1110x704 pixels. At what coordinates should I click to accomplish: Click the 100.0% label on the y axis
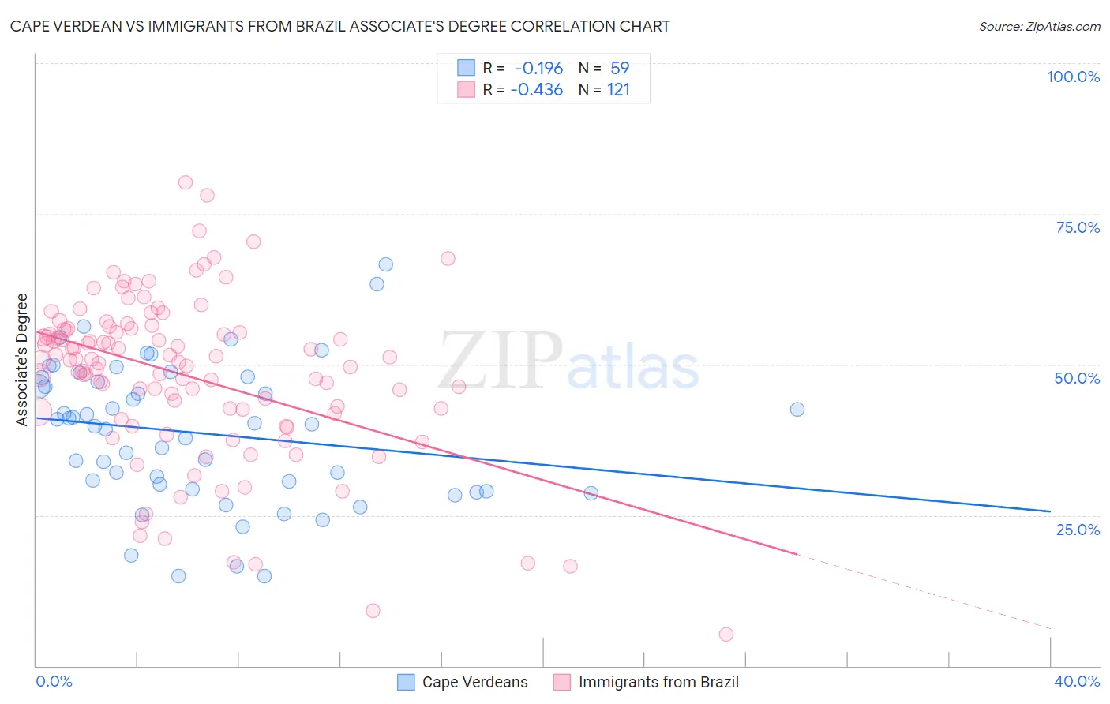coord(1073,77)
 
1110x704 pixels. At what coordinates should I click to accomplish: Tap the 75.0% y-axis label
coord(1078,227)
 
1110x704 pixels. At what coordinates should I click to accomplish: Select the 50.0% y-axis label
coord(1077,378)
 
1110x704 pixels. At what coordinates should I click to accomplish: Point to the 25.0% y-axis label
coord(1078,529)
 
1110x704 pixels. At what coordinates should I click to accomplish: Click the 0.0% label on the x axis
coord(54,681)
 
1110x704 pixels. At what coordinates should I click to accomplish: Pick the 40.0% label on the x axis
coord(1077,681)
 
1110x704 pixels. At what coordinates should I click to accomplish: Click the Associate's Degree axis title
coord(21,360)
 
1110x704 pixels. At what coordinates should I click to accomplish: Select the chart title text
coord(339,26)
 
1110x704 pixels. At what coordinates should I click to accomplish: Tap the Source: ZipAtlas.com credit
coord(1039,27)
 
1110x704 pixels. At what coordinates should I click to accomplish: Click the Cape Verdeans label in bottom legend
coord(474,682)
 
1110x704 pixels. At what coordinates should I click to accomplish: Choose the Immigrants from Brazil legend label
coord(658,682)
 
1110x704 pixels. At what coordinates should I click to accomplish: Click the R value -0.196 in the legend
coord(538,69)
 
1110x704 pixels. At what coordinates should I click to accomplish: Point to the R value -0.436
coord(537,90)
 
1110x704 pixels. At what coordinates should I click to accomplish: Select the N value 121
coord(618,90)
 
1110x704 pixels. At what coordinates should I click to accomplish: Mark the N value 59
coord(620,69)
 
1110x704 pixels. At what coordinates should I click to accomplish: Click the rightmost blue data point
coord(797,409)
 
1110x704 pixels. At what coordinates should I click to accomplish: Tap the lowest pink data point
coord(726,635)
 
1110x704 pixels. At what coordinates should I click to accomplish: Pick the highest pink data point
coord(186,182)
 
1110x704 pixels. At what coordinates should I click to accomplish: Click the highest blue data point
coord(385,264)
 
